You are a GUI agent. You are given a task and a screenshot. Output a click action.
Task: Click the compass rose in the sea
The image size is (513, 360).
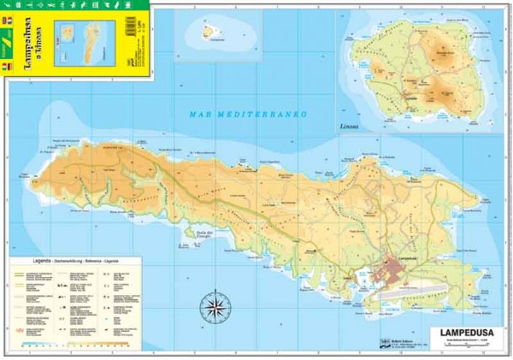pos(213,307)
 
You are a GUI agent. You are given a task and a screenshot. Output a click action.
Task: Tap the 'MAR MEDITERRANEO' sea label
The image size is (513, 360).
pos(248,114)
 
